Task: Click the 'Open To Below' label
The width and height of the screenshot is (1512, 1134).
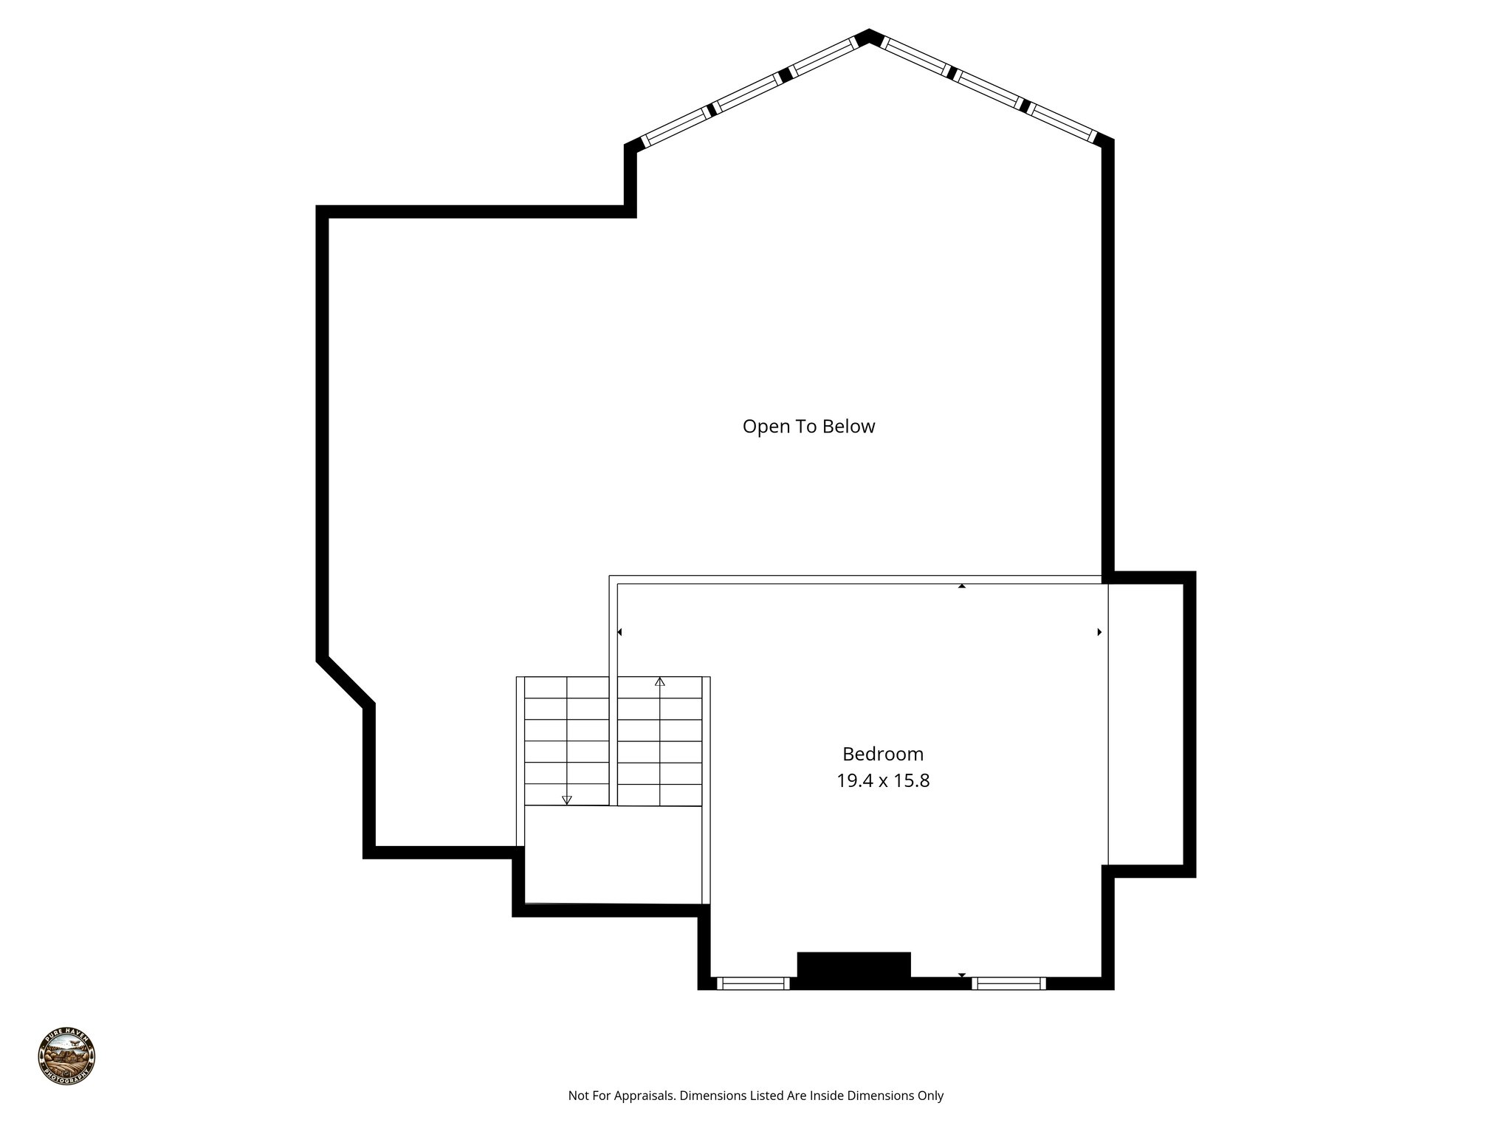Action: click(x=808, y=427)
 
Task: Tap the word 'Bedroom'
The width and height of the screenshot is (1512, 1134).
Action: click(x=882, y=754)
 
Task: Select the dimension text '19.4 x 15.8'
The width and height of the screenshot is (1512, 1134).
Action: click(x=882, y=780)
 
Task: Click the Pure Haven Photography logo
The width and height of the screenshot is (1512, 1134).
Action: click(x=66, y=1056)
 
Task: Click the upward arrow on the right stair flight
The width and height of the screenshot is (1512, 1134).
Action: click(x=660, y=682)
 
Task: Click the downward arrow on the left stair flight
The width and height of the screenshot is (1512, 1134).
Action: click(x=567, y=800)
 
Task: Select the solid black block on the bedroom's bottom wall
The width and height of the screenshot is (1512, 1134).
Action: click(x=853, y=969)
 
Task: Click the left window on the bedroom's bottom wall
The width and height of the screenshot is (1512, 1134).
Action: click(x=753, y=983)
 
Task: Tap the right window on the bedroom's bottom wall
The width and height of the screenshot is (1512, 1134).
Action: click(x=1008, y=983)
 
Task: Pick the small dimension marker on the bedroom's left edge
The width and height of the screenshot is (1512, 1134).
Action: click(x=619, y=632)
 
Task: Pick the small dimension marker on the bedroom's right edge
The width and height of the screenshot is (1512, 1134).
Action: click(x=1099, y=632)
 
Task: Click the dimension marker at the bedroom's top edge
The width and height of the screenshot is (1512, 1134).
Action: click(x=961, y=586)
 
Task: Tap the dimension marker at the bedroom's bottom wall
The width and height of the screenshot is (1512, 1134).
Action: click(x=961, y=975)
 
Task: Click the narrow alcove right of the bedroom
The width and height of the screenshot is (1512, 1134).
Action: click(x=1146, y=724)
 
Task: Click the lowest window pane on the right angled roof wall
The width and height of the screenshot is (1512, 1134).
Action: click(x=1062, y=122)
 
